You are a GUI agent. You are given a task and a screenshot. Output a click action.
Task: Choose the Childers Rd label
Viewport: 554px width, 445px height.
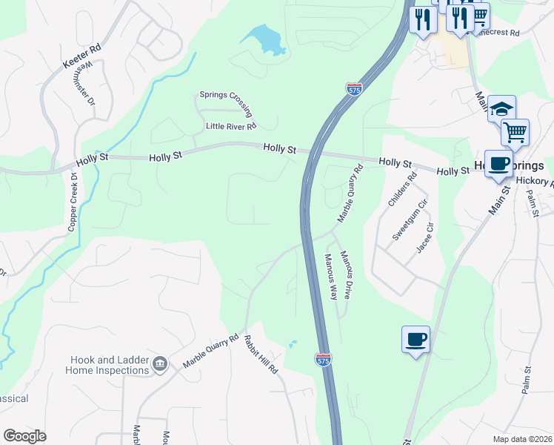tap(403, 188)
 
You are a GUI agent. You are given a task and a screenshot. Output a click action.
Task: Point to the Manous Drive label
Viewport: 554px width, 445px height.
tap(345, 274)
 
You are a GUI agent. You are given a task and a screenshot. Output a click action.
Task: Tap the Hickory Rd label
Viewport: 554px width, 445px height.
tap(535, 181)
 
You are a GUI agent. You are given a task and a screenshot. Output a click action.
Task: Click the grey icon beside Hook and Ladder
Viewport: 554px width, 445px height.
tap(159, 363)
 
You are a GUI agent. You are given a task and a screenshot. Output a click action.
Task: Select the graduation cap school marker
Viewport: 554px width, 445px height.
tap(501, 108)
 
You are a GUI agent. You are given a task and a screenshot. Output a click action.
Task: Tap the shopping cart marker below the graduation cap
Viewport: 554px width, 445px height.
tap(515, 132)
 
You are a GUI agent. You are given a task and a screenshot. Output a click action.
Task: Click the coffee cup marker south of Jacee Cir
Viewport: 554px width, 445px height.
tap(415, 339)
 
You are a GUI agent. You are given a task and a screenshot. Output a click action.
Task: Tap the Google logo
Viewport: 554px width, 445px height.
tap(24, 436)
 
